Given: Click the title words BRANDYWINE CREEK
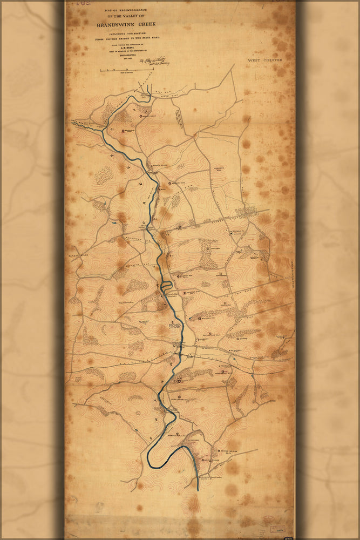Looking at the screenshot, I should [x=129, y=24].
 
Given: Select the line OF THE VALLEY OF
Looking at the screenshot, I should [x=129, y=16].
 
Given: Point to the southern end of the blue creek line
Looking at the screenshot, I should [x=198, y=489].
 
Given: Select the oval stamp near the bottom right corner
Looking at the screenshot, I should [x=268, y=521].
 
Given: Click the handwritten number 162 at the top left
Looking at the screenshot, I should [x=83, y=3].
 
